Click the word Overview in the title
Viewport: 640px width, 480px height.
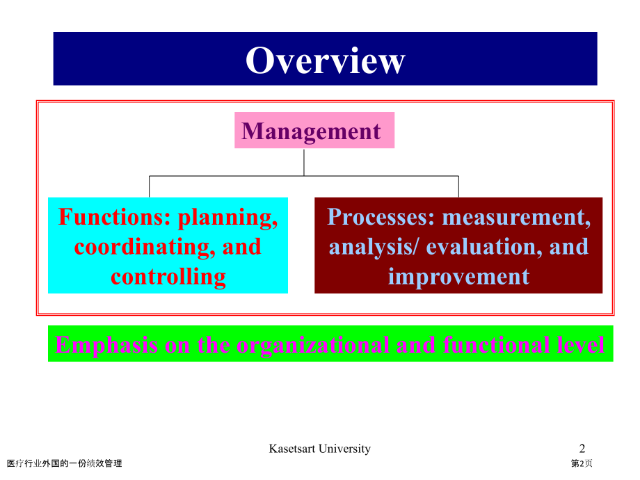click(326, 61)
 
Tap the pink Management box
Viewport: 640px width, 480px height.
click(314, 130)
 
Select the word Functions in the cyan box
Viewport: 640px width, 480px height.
click(114, 216)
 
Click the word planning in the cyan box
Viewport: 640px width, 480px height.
click(227, 218)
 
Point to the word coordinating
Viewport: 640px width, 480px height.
click(145, 248)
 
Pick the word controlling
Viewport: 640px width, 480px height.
click(168, 277)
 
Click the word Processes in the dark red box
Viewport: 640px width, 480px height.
click(381, 216)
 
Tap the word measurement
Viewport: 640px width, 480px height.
click(516, 218)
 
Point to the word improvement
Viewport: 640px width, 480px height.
click(458, 277)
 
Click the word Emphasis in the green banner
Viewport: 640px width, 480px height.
click(106, 345)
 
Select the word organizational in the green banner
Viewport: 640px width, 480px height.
click(312, 345)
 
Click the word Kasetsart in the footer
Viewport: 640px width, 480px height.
click(292, 449)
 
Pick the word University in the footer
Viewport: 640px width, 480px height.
click(345, 449)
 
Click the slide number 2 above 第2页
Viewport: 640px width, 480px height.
click(582, 449)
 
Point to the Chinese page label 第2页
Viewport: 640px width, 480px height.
click(582, 463)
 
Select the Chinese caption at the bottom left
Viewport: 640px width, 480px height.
click(65, 463)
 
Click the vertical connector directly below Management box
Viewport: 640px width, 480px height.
click(304, 163)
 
